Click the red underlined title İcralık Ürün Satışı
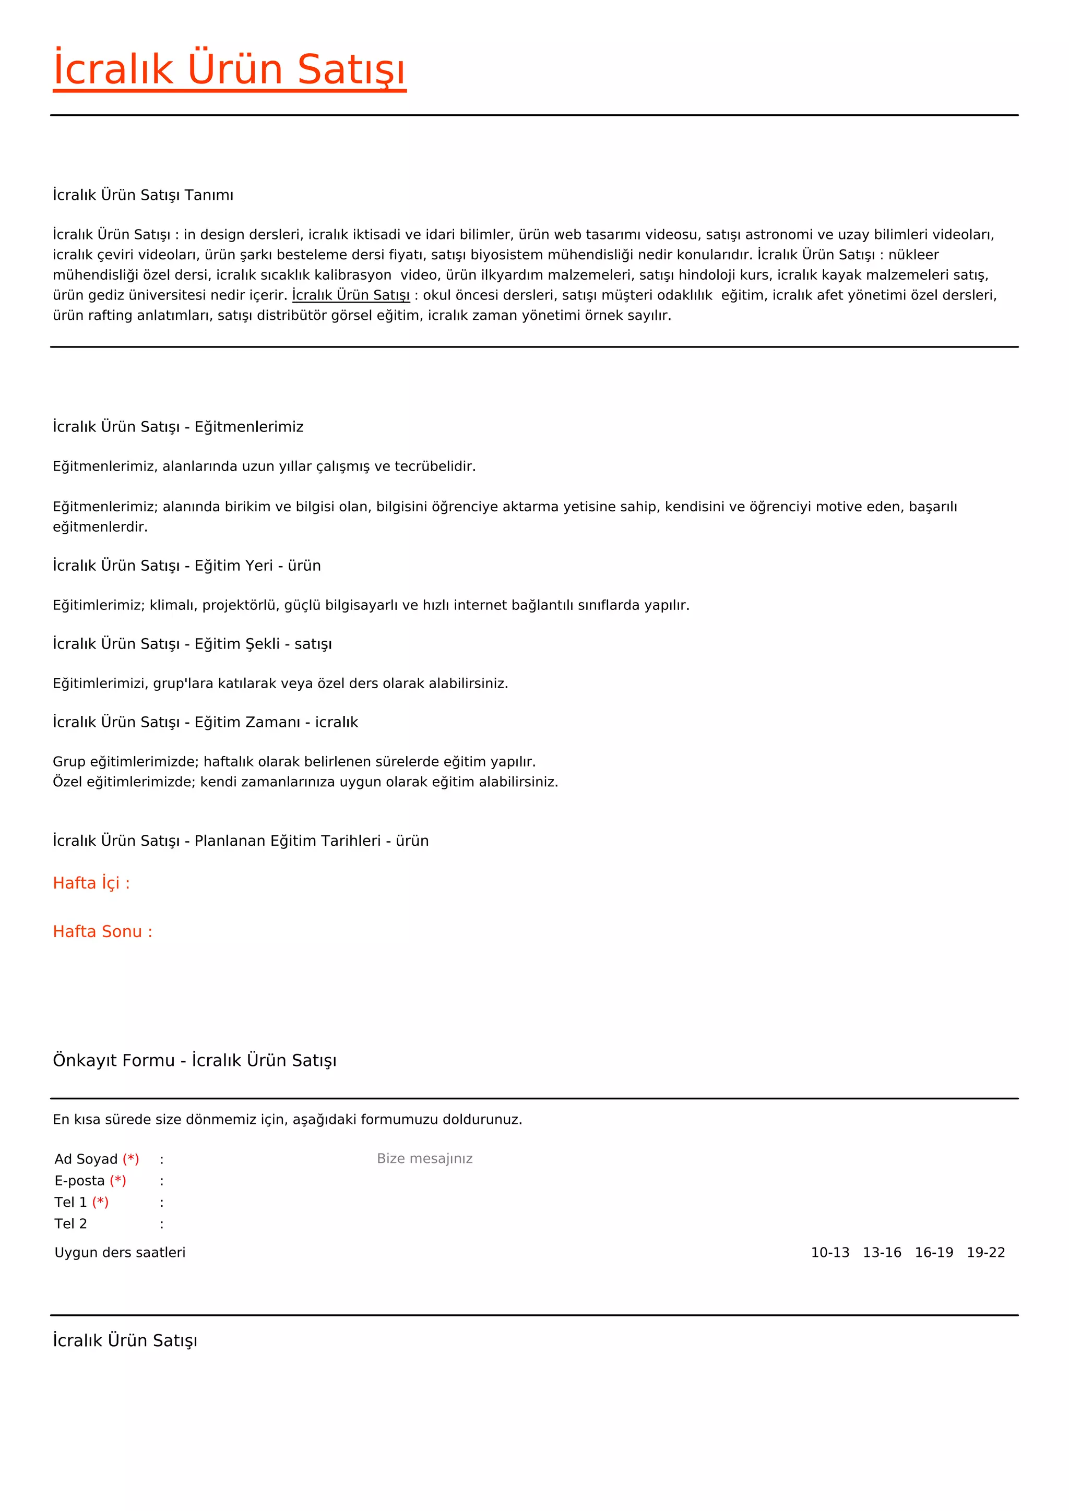[229, 69]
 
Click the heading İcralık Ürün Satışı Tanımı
[143, 195]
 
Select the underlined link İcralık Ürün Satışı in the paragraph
[351, 295]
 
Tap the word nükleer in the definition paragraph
[913, 255]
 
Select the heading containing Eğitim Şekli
[192, 644]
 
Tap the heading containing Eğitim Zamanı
[205, 722]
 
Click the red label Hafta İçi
[91, 883]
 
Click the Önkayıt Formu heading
[194, 1060]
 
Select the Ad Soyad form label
[86, 1159]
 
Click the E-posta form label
[80, 1181]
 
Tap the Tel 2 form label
[70, 1224]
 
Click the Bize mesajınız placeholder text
[424, 1158]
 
